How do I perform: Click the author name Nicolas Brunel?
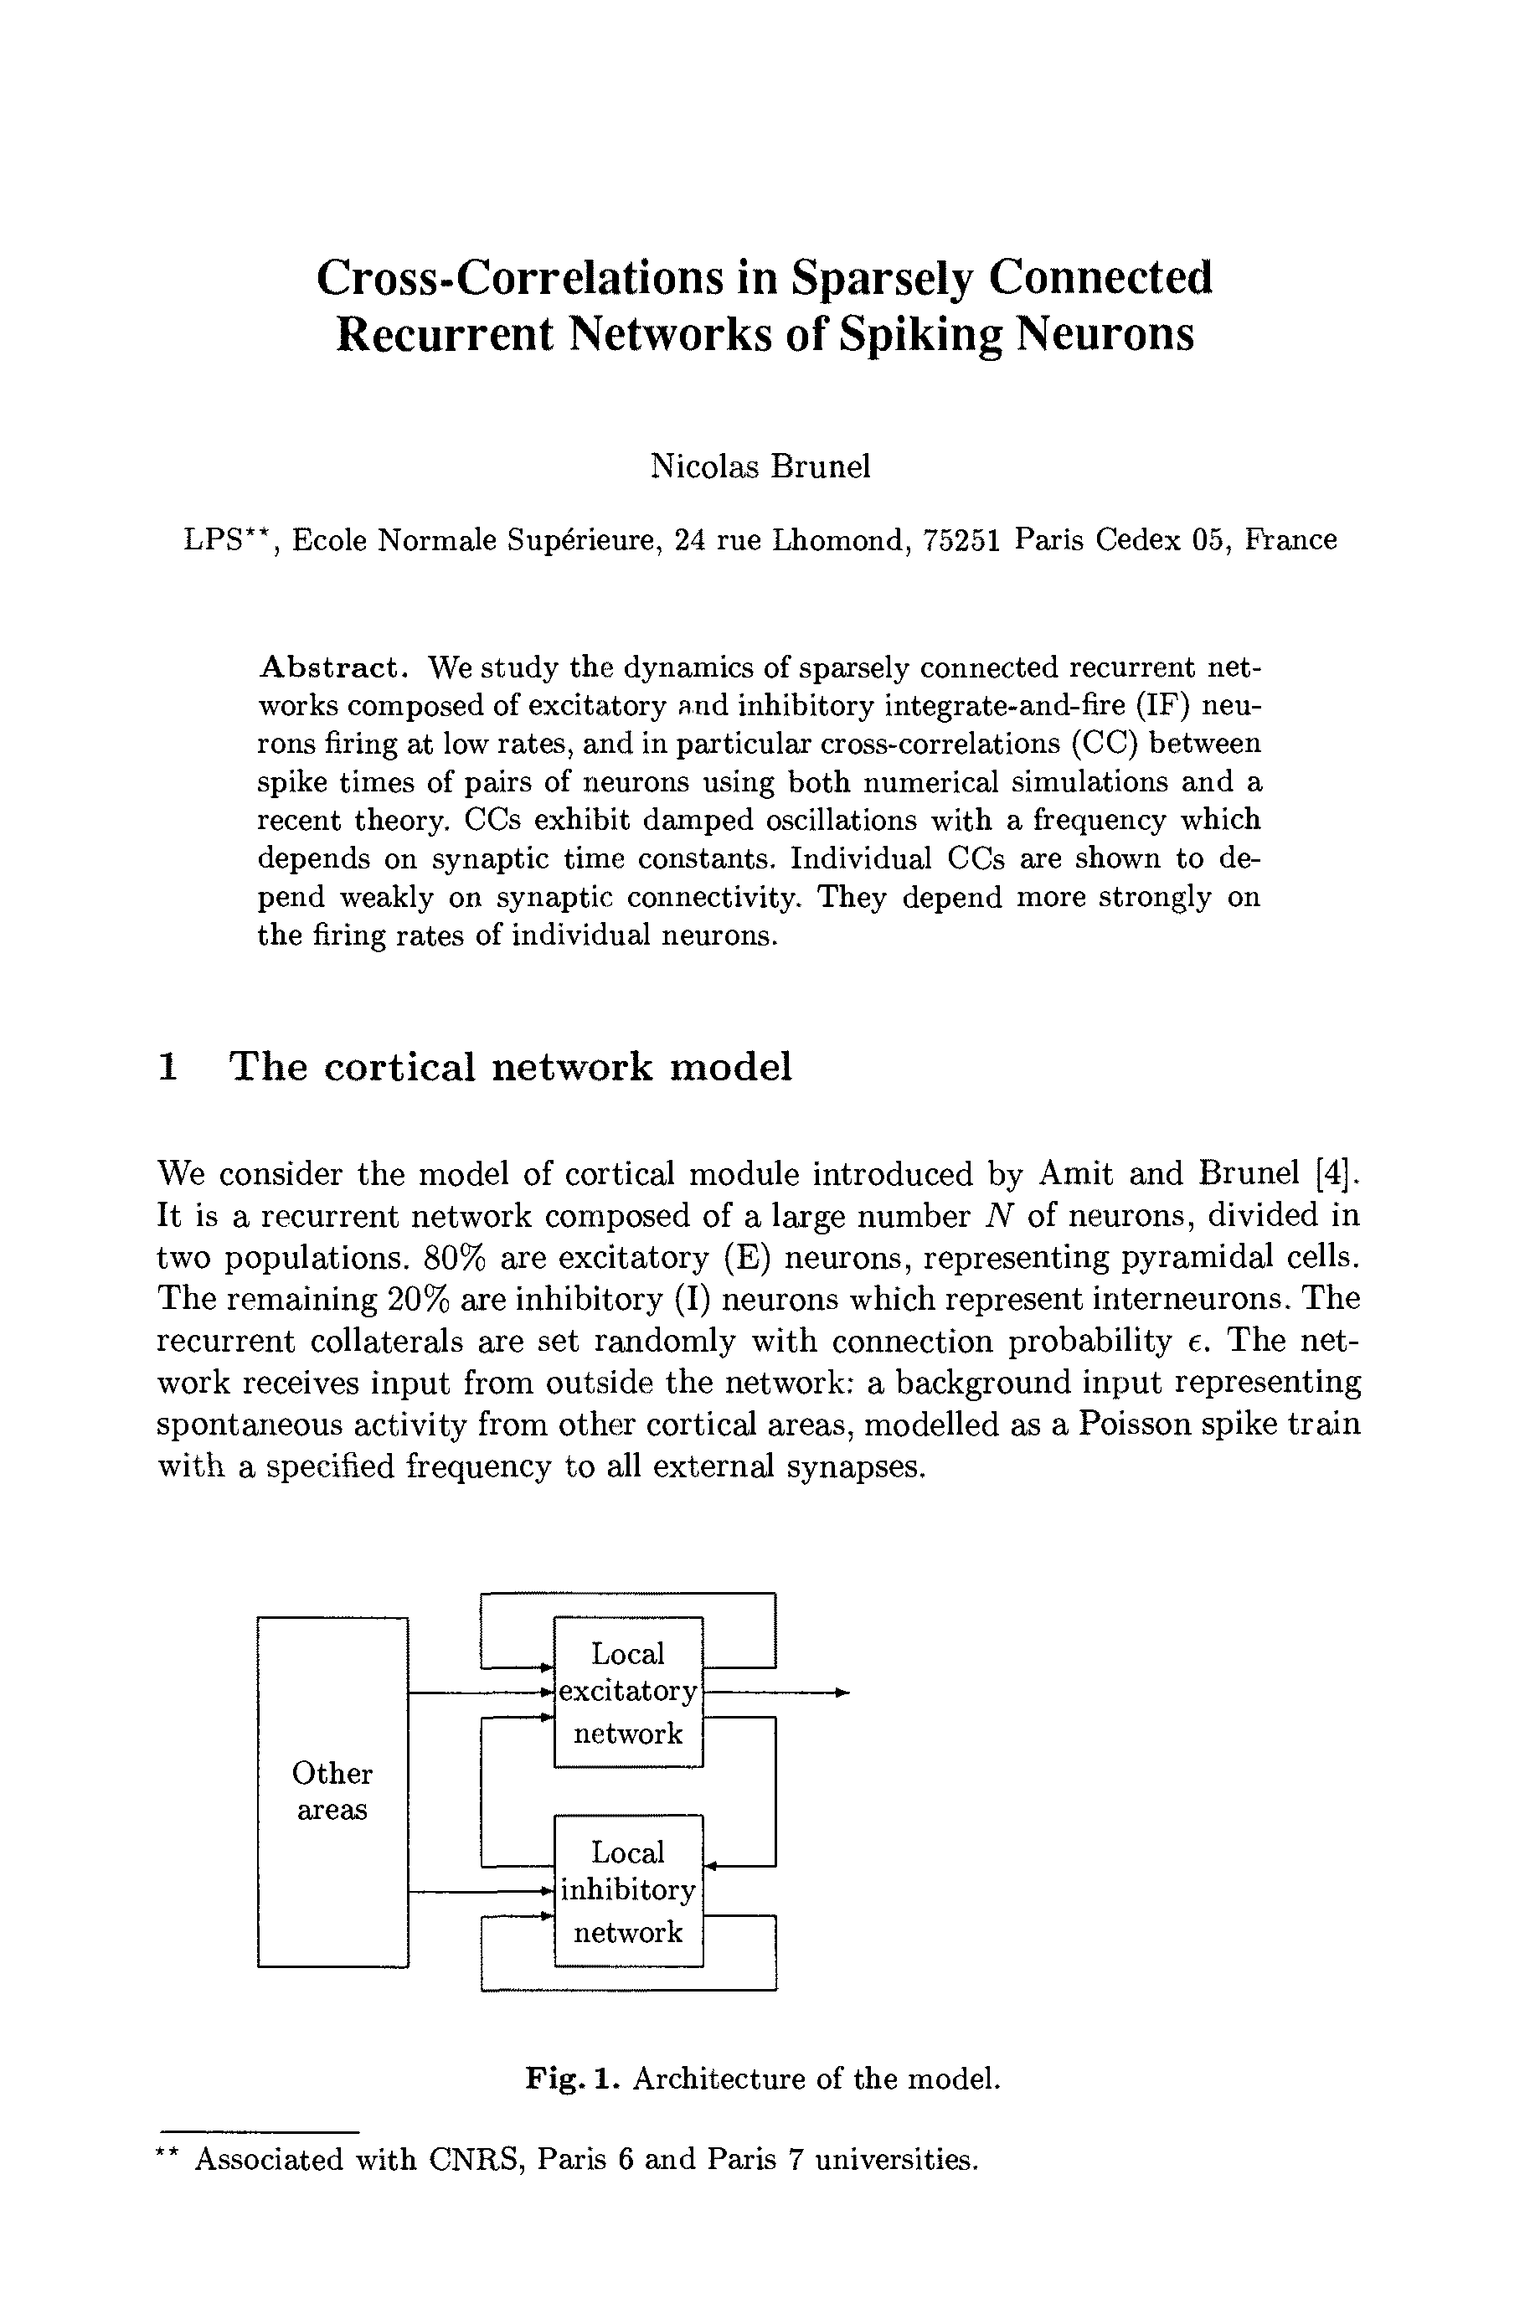(760, 467)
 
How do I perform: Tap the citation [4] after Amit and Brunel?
(1338, 1172)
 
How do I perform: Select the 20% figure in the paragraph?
(419, 1299)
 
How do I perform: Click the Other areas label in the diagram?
(332, 1791)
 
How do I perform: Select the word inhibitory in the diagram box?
(627, 1890)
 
